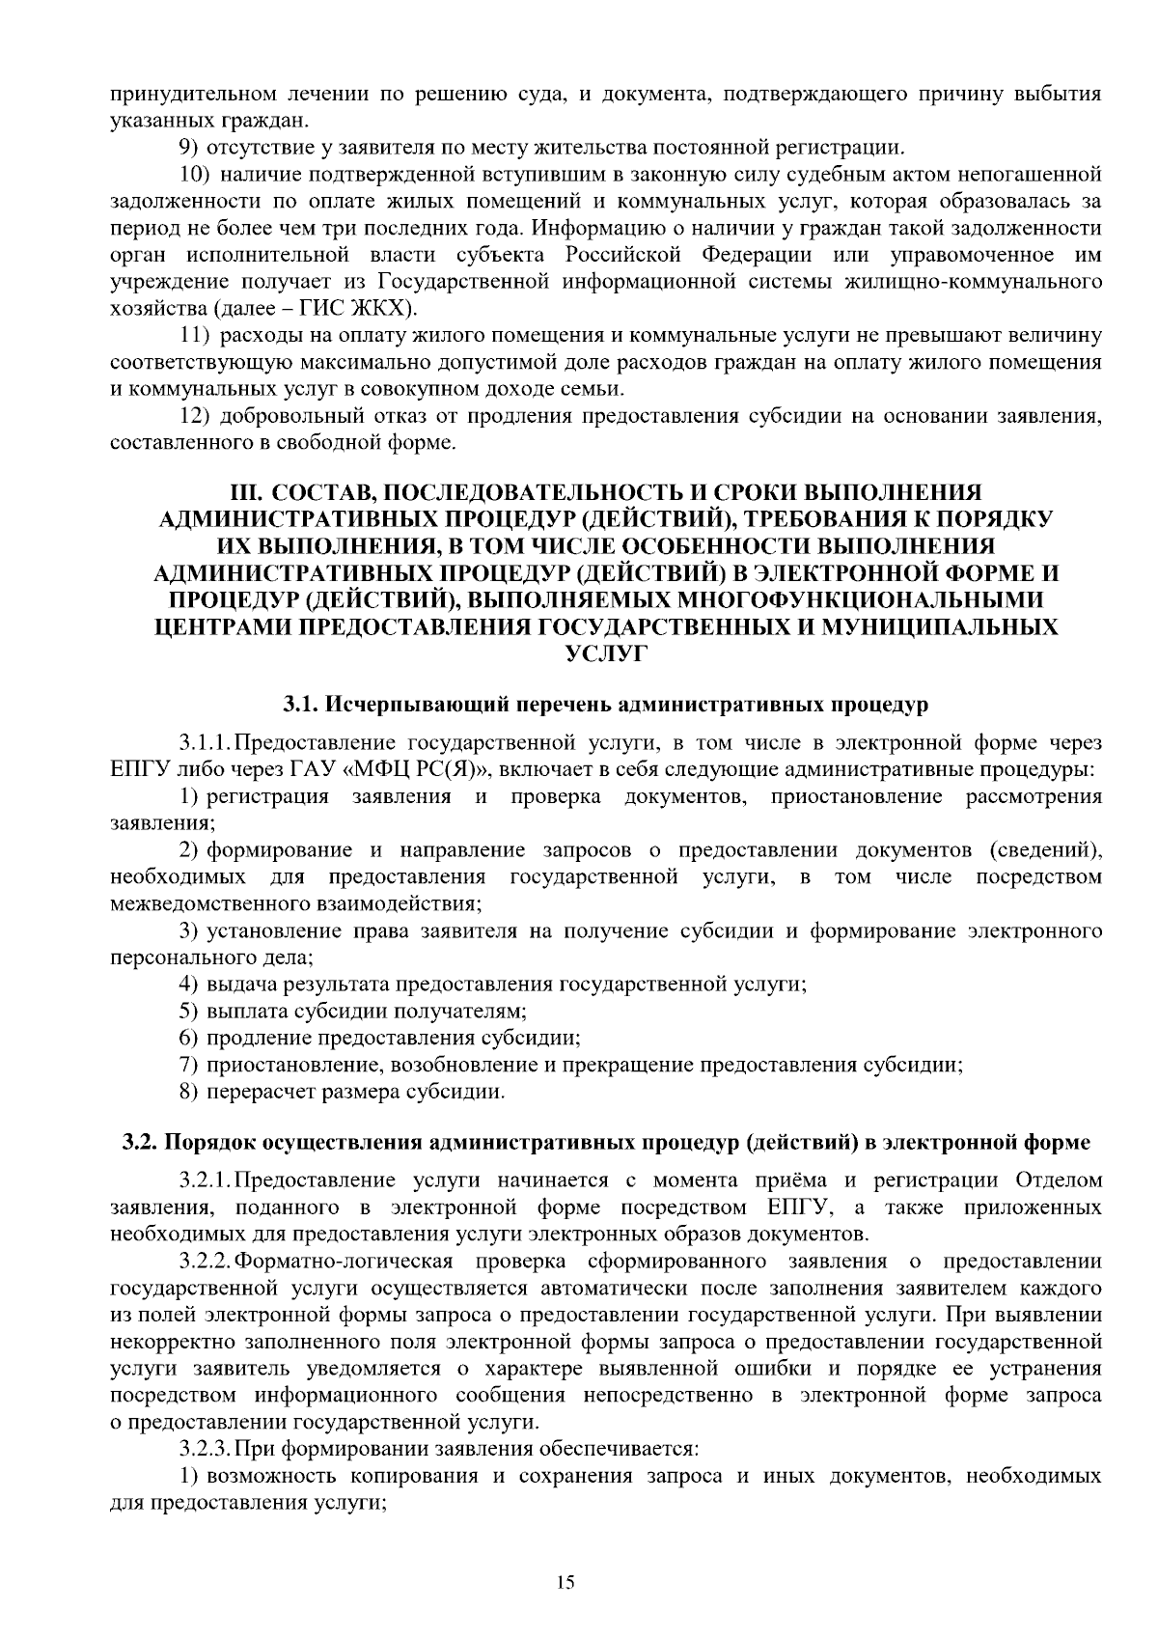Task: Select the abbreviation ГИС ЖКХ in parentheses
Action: [363, 309]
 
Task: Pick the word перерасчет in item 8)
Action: [256, 1092]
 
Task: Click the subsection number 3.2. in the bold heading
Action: [139, 1142]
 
